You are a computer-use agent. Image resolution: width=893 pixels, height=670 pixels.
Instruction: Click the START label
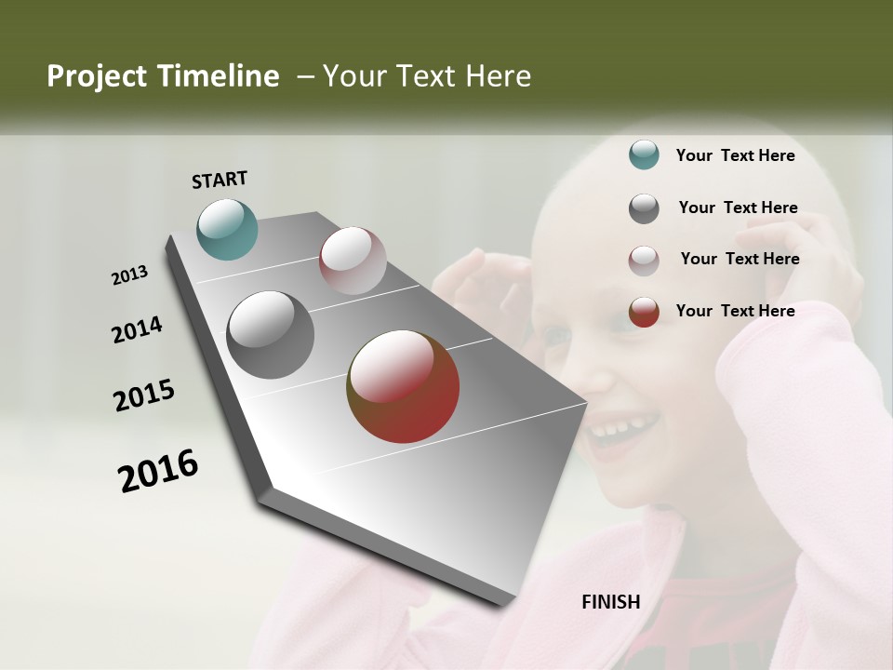[220, 180]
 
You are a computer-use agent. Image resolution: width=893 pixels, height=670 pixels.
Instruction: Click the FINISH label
[611, 602]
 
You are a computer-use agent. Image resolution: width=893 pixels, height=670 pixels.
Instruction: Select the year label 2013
[129, 275]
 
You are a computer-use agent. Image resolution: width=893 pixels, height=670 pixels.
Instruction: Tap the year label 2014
[137, 330]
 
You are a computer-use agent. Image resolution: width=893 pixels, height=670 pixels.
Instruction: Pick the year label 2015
[144, 395]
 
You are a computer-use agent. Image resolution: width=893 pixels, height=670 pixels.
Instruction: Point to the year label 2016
[158, 470]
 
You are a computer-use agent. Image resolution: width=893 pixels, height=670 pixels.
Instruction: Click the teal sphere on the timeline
[227, 229]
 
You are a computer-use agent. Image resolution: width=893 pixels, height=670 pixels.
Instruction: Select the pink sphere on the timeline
[353, 261]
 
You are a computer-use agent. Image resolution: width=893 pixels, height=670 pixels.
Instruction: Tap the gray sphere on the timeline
[271, 335]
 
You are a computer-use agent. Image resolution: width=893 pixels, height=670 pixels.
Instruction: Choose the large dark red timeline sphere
[403, 386]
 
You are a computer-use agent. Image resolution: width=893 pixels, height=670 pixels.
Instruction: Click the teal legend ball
[644, 155]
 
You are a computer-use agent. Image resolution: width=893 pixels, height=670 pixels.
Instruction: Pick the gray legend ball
[644, 208]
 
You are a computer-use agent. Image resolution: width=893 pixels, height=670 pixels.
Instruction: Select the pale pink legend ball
[644, 260]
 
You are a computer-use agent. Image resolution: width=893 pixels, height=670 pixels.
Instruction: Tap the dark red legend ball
[644, 312]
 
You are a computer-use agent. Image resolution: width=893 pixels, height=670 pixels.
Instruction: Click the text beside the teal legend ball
[735, 155]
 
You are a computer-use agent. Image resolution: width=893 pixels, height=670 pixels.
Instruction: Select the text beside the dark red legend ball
[735, 311]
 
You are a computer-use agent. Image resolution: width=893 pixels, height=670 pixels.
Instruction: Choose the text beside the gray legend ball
[738, 208]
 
